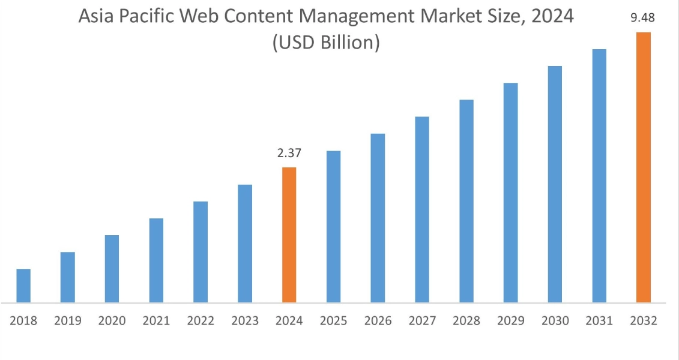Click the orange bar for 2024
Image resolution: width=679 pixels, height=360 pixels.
(289, 235)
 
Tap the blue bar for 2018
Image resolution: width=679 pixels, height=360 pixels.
(23, 286)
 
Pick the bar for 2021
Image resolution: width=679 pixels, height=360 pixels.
(156, 260)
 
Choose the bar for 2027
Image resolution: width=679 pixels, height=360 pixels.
(422, 209)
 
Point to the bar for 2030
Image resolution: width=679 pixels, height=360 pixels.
(555, 184)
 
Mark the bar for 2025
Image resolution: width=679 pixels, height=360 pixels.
(333, 226)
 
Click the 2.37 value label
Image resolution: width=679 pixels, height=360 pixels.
(289, 154)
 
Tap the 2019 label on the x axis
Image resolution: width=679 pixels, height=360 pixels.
(67, 321)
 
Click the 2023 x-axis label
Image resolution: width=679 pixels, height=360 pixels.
(245, 321)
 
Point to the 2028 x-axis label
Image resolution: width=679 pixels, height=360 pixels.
(466, 321)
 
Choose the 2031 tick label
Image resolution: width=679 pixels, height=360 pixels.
(599, 321)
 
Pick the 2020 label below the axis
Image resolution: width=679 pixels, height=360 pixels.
(112, 321)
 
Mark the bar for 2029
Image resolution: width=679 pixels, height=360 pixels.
(510, 193)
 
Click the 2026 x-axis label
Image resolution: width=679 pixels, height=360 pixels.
(378, 321)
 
